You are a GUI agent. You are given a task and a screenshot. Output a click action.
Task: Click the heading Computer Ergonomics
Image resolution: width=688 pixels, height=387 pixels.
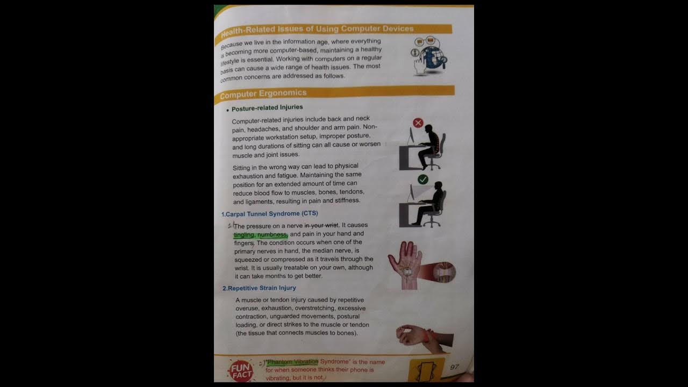(x=263, y=94)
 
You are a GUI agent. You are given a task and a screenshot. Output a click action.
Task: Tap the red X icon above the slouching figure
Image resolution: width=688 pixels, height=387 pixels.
(x=418, y=123)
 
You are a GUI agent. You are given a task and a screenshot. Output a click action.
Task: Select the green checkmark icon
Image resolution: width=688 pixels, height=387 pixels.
(x=423, y=180)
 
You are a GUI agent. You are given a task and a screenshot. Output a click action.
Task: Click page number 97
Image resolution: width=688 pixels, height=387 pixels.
(x=455, y=367)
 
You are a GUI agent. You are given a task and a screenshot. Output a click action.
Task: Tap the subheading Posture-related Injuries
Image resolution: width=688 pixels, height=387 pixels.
(x=267, y=107)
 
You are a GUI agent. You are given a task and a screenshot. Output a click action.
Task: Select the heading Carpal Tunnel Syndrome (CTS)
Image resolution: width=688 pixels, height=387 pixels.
(x=269, y=214)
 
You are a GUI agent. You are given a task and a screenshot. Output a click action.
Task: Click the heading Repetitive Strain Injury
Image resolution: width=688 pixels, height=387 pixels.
(x=259, y=288)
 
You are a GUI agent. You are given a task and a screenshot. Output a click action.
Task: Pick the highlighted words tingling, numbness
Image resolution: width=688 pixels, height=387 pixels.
(x=261, y=235)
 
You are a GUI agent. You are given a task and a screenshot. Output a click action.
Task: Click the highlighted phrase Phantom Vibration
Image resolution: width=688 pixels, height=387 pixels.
(x=292, y=362)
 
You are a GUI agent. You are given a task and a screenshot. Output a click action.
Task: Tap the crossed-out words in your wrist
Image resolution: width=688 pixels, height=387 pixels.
(x=321, y=226)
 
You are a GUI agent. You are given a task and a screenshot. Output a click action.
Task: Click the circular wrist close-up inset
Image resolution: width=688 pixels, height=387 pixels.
(x=444, y=273)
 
